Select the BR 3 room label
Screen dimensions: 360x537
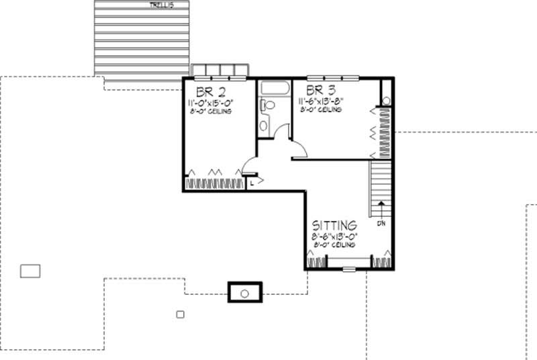[x=320, y=90]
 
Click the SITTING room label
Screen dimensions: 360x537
[x=334, y=226]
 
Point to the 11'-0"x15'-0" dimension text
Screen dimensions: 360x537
[x=210, y=103]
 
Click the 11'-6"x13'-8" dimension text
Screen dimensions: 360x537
[x=321, y=101]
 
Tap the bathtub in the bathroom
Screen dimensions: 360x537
[x=274, y=89]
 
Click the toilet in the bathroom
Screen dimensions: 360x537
[x=268, y=105]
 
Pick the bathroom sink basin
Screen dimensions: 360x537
[x=264, y=125]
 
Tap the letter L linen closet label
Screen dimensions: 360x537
[x=252, y=182]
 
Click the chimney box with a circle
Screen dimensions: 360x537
[x=245, y=293]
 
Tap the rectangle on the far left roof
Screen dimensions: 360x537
[x=30, y=271]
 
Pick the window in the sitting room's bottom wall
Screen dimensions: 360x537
[x=349, y=269]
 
